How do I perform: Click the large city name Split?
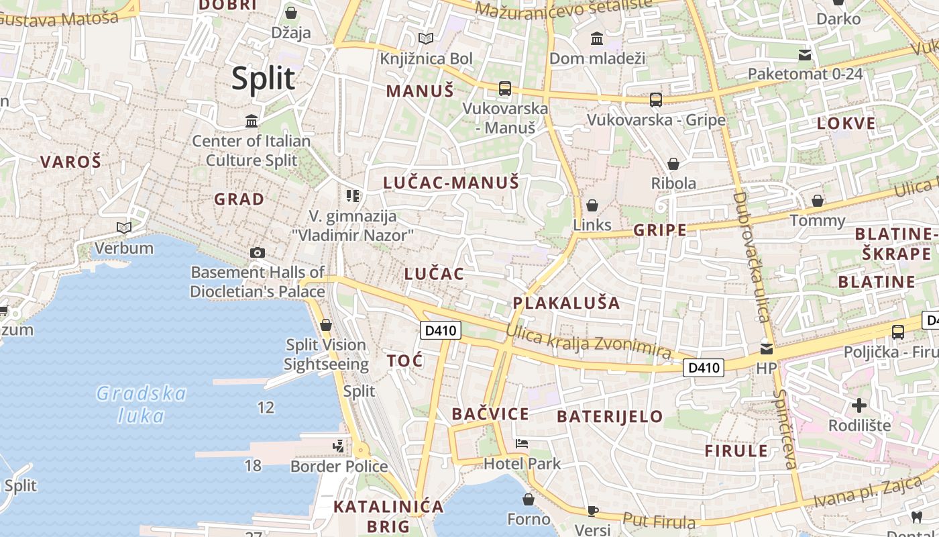pyautogui.click(x=264, y=79)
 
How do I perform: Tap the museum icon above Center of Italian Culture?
pyautogui.click(x=252, y=121)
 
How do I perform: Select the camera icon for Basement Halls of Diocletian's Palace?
pyautogui.click(x=257, y=252)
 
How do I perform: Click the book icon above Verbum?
pyautogui.click(x=123, y=228)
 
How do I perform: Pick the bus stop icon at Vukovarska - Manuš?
pyautogui.click(x=504, y=89)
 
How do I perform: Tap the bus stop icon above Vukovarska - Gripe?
pyautogui.click(x=656, y=100)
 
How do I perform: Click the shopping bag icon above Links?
pyautogui.click(x=592, y=205)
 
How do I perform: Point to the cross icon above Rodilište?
pyautogui.click(x=859, y=405)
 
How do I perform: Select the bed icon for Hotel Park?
pyautogui.click(x=522, y=443)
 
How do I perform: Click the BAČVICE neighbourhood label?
pyautogui.click(x=490, y=413)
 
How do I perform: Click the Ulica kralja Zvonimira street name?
pyautogui.click(x=588, y=342)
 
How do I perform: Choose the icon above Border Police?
pyautogui.click(x=339, y=446)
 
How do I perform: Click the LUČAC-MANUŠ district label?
pyautogui.click(x=451, y=182)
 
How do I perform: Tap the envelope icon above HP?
pyautogui.click(x=766, y=348)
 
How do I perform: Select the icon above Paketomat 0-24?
pyautogui.click(x=805, y=54)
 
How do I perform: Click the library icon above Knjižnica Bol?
pyautogui.click(x=426, y=38)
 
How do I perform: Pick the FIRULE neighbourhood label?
pyautogui.click(x=736, y=450)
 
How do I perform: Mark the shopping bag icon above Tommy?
pyautogui.click(x=818, y=200)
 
